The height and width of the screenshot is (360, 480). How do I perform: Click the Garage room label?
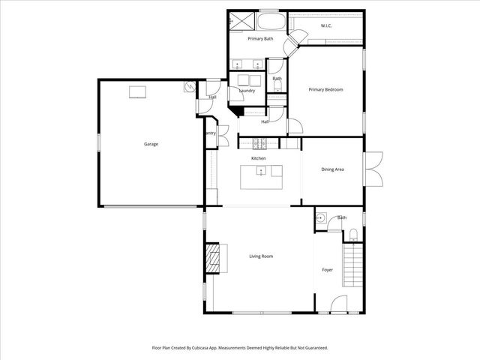click(x=151, y=144)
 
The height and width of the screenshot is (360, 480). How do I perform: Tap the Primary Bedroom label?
click(x=325, y=90)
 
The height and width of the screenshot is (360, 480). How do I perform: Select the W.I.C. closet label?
click(x=326, y=26)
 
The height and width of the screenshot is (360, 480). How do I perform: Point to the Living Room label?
click(x=261, y=256)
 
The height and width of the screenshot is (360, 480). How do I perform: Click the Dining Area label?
click(x=332, y=170)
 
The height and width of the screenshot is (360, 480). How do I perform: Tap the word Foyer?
click(x=328, y=269)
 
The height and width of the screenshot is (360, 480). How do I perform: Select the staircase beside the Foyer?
click(x=351, y=269)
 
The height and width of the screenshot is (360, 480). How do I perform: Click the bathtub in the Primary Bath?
click(x=269, y=19)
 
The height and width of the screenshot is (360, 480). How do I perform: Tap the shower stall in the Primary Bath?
click(x=239, y=21)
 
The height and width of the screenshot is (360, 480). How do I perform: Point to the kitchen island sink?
click(x=260, y=172)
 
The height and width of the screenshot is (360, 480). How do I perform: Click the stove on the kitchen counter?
click(x=259, y=142)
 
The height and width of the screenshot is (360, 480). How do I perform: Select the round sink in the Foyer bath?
click(x=320, y=219)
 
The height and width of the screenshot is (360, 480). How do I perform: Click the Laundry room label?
click(x=247, y=91)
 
